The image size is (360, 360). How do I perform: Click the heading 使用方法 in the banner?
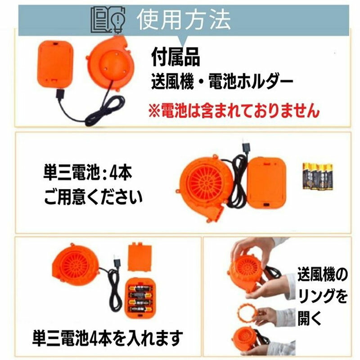pyautogui.click(x=184, y=19)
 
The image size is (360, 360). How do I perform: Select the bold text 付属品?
pyautogui.click(x=175, y=57)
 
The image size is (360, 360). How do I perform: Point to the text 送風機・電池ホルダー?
pyautogui.click(x=222, y=82)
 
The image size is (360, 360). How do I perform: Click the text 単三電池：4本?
pyautogui.click(x=87, y=173)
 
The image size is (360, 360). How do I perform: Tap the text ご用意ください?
pyautogui.click(x=93, y=197)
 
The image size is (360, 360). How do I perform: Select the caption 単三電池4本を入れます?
pyautogui.click(x=108, y=338)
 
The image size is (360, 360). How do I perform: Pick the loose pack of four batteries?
pyautogui.click(x=318, y=176)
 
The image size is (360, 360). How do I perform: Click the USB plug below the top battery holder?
pyautogui.click(x=61, y=94)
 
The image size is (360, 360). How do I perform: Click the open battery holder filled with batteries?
pyautogui.click(x=140, y=298)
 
